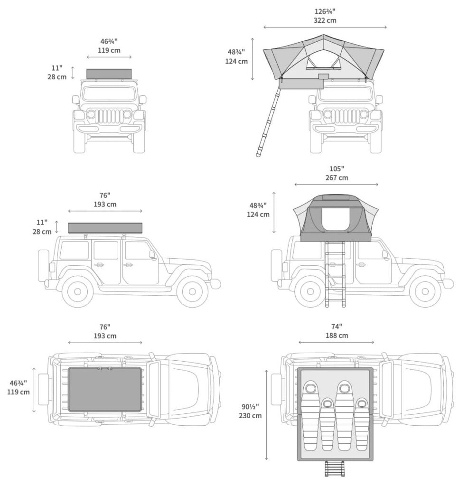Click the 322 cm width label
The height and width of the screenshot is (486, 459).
point(325,20)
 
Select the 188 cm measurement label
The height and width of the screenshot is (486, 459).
point(336,336)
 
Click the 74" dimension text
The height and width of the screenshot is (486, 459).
point(336,327)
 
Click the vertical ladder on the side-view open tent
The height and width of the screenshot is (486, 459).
point(335,273)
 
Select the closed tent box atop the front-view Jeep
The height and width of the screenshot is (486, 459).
point(109,74)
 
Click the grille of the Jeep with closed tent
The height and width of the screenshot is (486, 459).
point(109,117)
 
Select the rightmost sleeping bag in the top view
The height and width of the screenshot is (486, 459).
point(362,423)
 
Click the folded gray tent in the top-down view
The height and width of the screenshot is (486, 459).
point(105,389)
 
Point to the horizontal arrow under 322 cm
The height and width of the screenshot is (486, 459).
point(325,27)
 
